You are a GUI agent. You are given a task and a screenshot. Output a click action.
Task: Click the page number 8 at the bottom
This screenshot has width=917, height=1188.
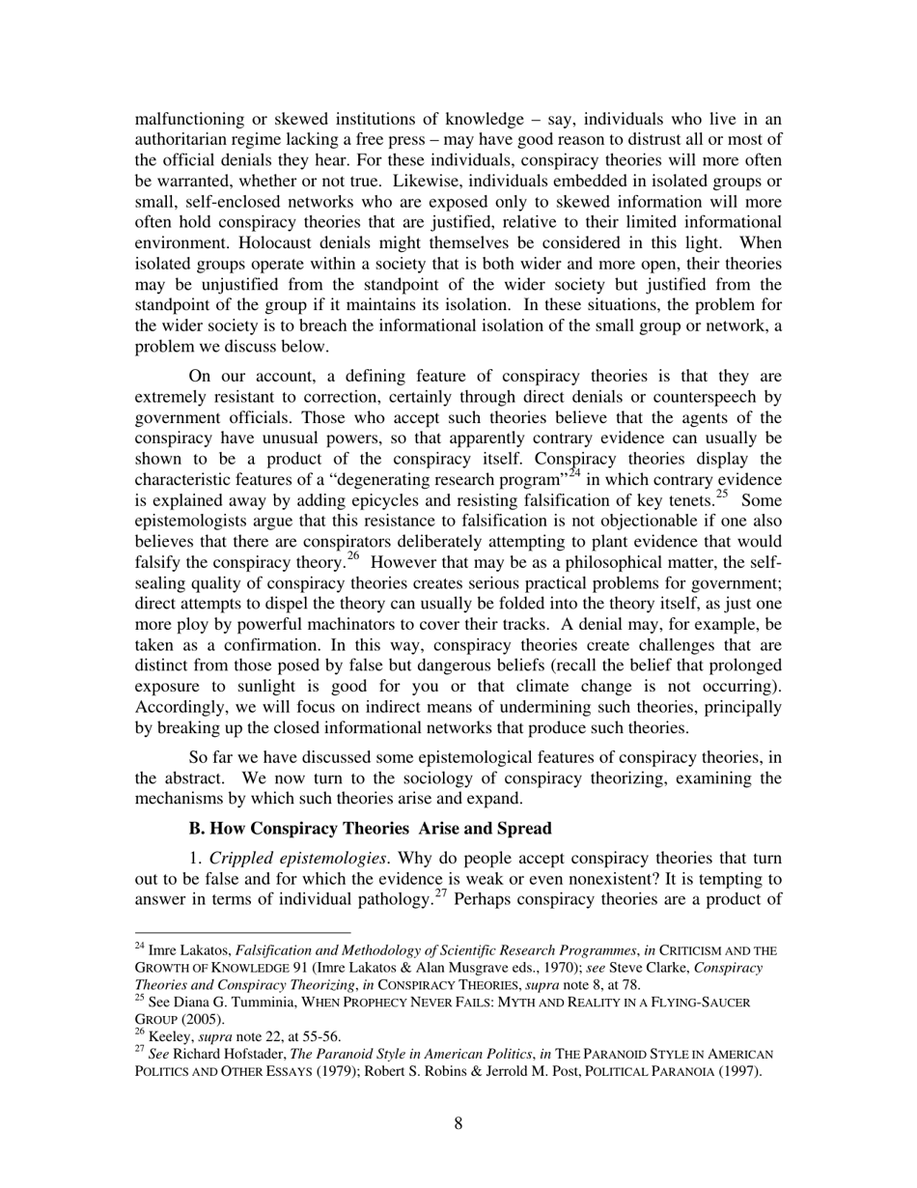(458, 1123)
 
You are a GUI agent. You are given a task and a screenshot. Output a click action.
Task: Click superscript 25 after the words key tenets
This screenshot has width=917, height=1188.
(719, 495)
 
